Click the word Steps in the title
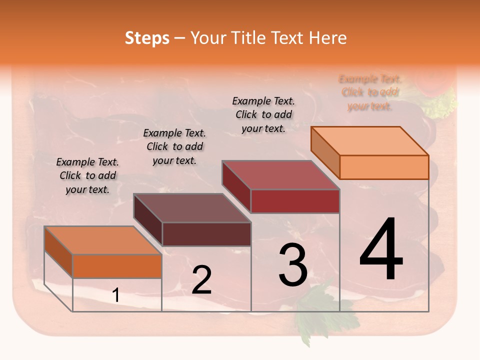(147, 38)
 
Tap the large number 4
(381, 250)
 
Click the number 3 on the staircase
(293, 265)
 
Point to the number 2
(201, 280)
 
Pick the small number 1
(116, 295)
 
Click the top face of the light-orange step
(370, 141)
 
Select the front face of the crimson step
(295, 201)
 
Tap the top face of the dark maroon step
(192, 208)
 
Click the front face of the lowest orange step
(117, 266)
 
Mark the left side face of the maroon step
(148, 220)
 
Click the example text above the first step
(87, 176)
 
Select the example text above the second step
(174, 146)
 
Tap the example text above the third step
(263, 114)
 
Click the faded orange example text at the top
(370, 92)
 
